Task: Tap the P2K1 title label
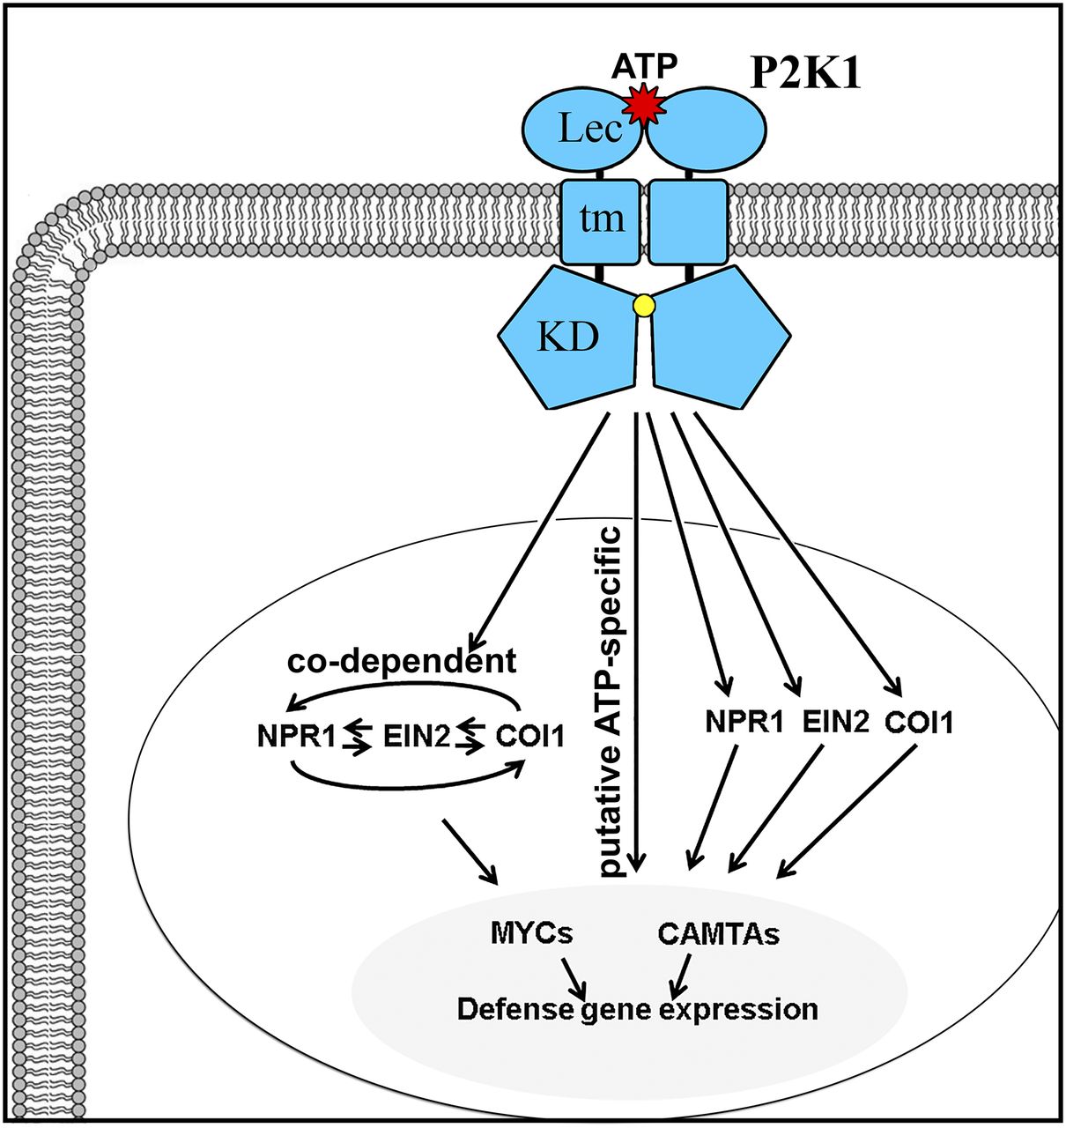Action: click(804, 75)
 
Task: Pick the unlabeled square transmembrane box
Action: click(689, 221)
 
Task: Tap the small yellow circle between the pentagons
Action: click(644, 306)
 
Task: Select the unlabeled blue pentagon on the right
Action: click(719, 339)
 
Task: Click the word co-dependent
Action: click(402, 662)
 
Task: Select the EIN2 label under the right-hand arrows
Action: click(836, 724)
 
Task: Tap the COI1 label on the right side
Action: click(919, 724)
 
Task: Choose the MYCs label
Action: click(531, 932)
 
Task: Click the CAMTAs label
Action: click(718, 933)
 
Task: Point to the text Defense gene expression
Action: click(637, 1008)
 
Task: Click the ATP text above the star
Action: click(646, 65)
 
